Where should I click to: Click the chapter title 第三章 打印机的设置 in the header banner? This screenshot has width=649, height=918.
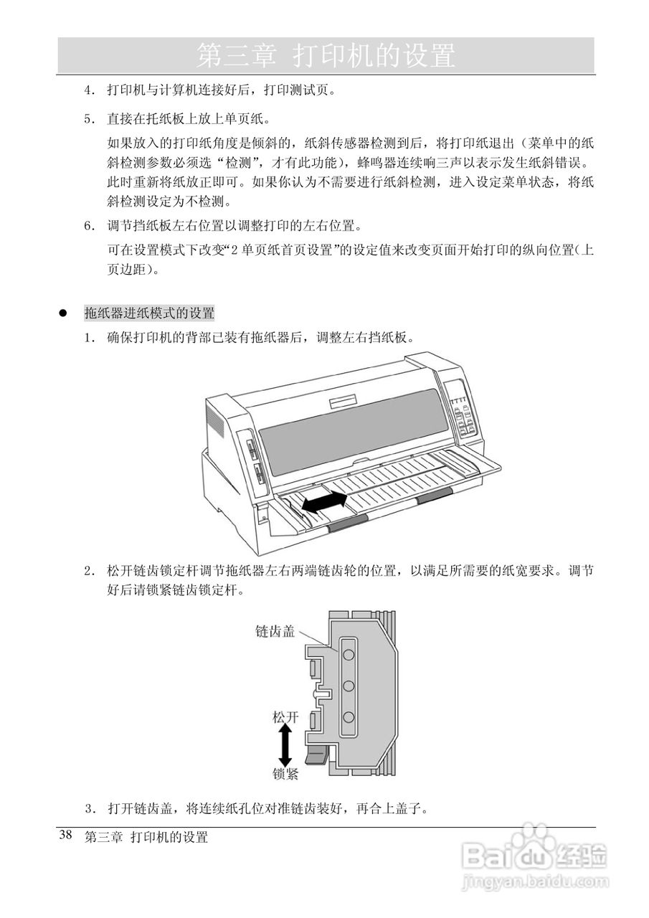point(326,55)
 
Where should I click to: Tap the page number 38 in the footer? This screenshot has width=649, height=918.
point(65,836)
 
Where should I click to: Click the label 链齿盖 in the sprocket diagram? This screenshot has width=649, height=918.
point(275,631)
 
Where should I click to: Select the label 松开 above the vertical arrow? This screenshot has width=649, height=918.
point(285,716)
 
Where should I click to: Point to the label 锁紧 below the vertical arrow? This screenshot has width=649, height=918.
point(285,775)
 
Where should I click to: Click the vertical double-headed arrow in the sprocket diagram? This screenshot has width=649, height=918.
point(285,746)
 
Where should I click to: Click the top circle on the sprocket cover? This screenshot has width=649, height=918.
point(349,654)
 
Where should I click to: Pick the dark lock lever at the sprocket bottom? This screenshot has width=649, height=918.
point(316,756)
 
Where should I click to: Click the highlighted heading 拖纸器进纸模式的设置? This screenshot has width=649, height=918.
point(149,313)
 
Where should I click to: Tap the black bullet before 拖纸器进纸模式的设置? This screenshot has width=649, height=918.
point(63,314)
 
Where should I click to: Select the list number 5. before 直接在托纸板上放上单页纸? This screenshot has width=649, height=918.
point(90,118)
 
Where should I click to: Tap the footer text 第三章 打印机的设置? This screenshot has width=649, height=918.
point(146,837)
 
